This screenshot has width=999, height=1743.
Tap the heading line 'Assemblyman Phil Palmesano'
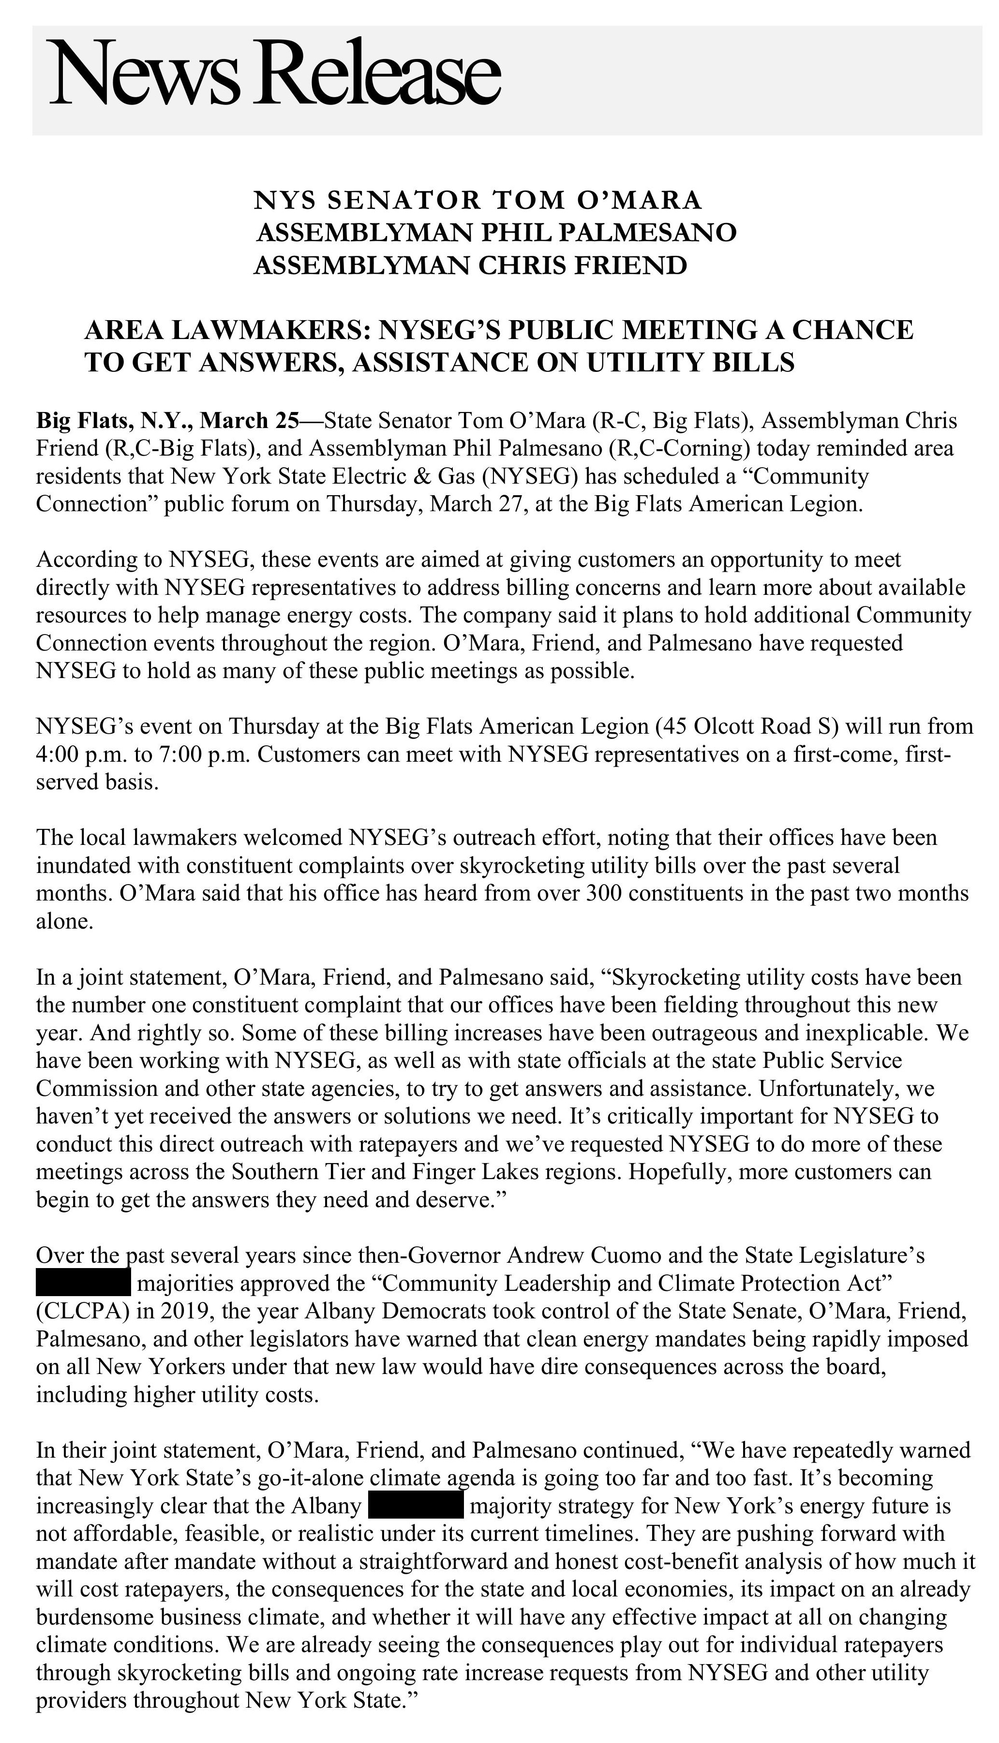tap(496, 233)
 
